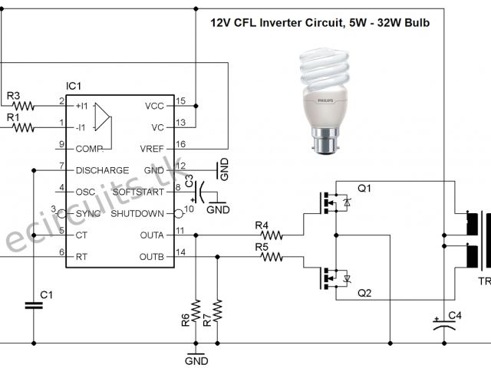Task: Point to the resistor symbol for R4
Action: [270, 235]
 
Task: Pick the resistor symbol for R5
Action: [270, 258]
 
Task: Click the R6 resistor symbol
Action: [196, 310]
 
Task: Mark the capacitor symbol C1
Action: [33, 304]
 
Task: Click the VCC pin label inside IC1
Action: [153, 105]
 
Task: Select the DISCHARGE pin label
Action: [103, 170]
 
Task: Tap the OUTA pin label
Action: [152, 235]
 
